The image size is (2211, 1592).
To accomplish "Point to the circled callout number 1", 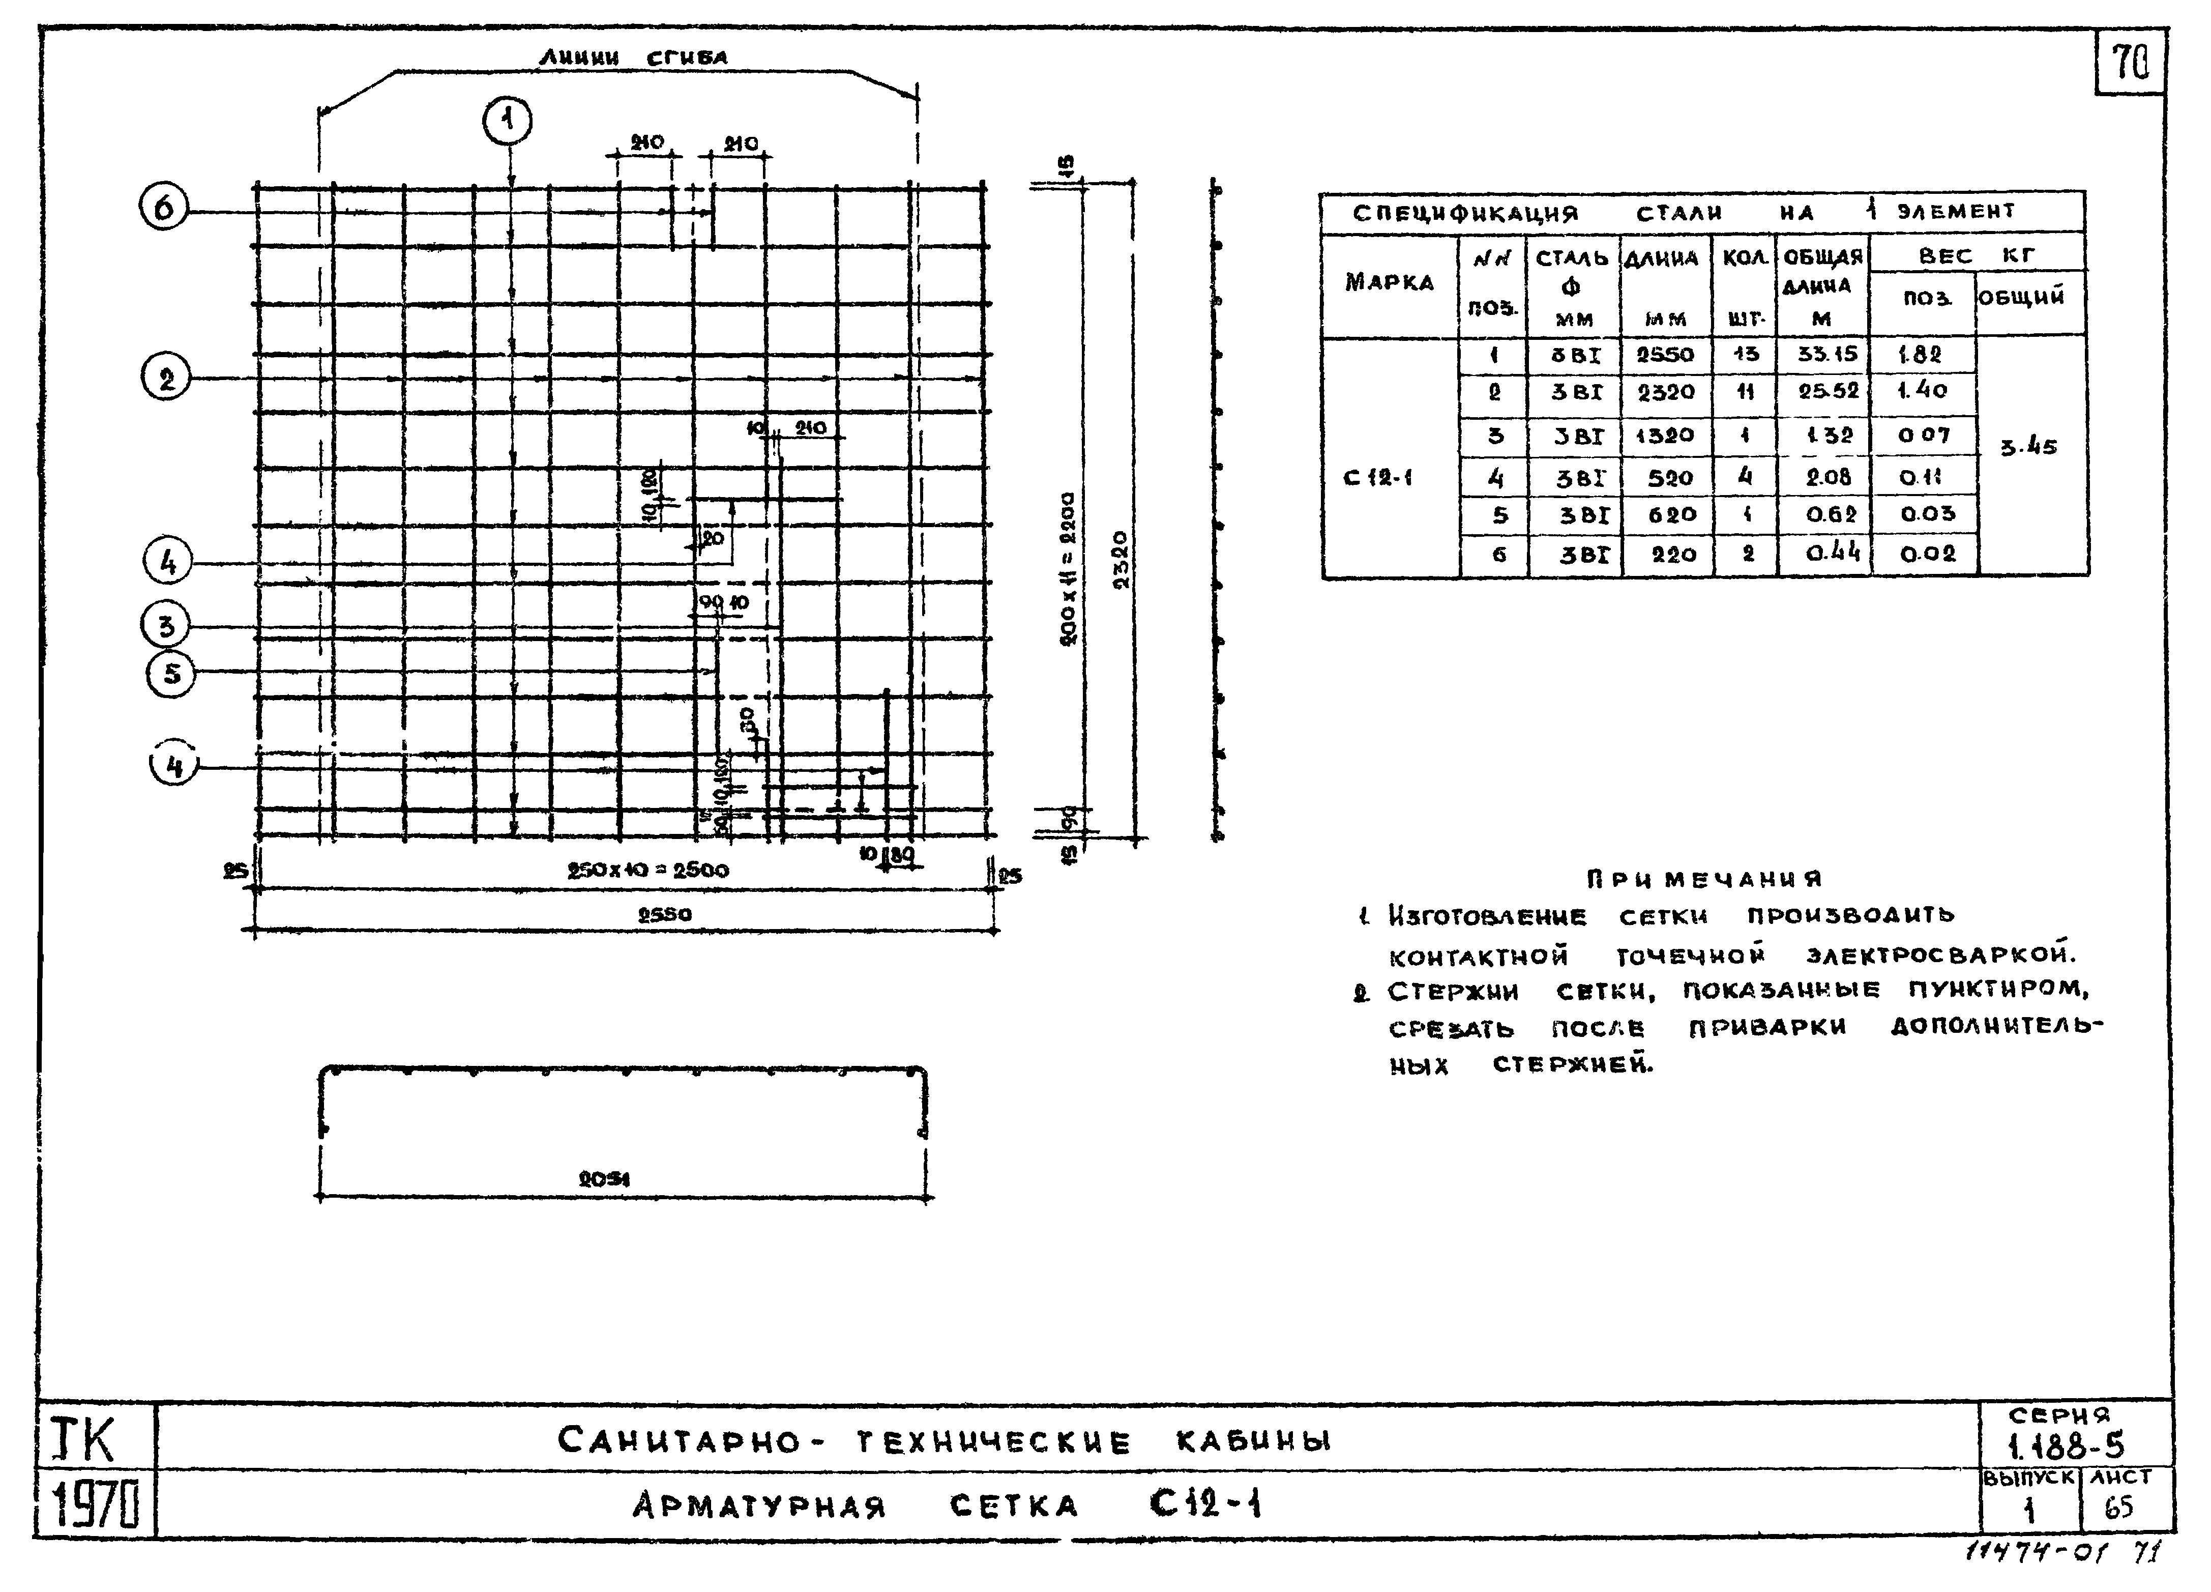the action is [x=507, y=122].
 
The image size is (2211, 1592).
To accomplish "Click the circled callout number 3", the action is [x=166, y=625].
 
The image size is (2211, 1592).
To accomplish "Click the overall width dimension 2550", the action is [x=665, y=914].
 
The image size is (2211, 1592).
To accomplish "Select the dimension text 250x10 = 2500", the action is [x=647, y=870].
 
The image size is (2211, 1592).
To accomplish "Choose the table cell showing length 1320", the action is [x=1665, y=436].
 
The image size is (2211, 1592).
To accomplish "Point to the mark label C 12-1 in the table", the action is [x=1377, y=478].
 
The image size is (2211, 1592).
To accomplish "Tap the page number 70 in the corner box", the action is [x=2130, y=64].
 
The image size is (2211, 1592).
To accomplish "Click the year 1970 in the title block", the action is [x=95, y=1505].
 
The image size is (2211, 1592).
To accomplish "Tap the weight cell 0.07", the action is [x=1923, y=436].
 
